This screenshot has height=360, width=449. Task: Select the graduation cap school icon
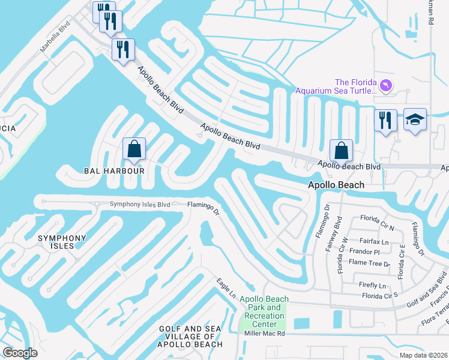point(415,119)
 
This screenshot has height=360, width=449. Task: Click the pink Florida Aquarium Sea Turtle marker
point(386,86)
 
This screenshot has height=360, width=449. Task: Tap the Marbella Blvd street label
point(55,38)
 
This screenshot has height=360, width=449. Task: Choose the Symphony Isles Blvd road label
point(140,204)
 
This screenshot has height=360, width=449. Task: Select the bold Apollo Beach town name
point(336,186)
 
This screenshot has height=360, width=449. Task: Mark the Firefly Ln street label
point(374,285)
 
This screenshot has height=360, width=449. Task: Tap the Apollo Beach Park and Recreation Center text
point(264,312)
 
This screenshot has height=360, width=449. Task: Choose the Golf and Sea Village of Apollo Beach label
point(190,337)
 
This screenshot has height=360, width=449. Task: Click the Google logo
point(20,352)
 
